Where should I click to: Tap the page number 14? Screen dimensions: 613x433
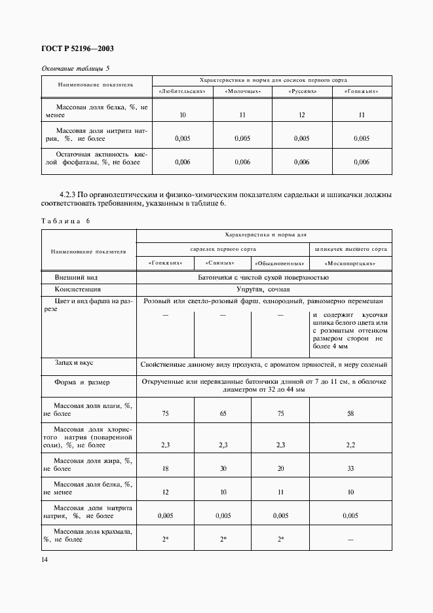coord(44,559)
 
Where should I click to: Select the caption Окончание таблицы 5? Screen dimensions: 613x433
coord(75,67)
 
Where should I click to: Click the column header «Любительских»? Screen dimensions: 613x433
coord(183,90)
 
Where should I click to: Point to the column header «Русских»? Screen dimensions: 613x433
coord(302,90)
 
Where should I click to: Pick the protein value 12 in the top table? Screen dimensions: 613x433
coord(302,115)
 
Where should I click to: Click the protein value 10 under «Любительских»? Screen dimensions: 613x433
coord(183,115)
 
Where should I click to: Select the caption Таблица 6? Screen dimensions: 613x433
coord(65,221)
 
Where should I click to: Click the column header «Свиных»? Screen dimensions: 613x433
coord(223,263)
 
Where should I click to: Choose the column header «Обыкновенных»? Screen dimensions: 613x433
coord(280,263)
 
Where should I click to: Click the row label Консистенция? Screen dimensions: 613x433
coord(78,289)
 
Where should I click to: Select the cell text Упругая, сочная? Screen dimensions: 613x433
coord(263,289)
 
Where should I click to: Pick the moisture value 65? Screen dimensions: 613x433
coord(223,414)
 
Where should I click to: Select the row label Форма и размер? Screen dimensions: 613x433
coord(83,382)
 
